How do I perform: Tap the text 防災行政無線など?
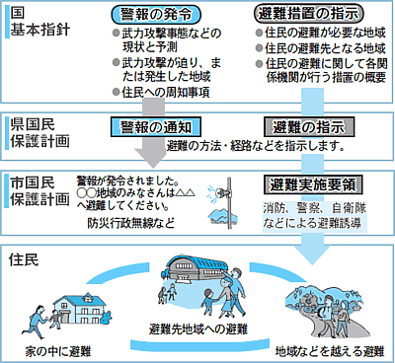(x=128, y=223)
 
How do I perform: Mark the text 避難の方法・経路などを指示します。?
(x=255, y=146)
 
